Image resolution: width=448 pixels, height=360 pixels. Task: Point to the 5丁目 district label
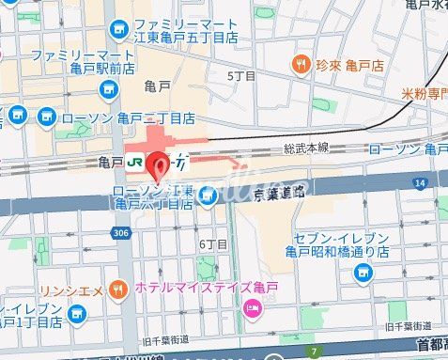(x=241, y=74)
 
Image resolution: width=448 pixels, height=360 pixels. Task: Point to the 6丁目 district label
(x=214, y=244)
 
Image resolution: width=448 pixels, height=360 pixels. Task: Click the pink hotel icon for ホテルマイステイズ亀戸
(x=251, y=309)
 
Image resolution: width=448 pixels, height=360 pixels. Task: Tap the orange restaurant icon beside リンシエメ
(x=119, y=288)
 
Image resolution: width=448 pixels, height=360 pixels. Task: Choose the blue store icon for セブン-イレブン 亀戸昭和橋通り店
(x=363, y=273)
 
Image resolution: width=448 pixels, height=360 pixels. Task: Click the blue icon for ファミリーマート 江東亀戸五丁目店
(x=120, y=31)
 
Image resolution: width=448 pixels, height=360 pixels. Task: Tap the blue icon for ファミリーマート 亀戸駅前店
(x=107, y=88)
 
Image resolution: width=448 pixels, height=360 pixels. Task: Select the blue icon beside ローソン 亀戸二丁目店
(x=46, y=118)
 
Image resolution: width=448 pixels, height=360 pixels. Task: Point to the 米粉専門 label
(x=422, y=94)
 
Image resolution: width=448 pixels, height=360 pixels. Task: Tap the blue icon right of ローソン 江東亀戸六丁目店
(x=209, y=196)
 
